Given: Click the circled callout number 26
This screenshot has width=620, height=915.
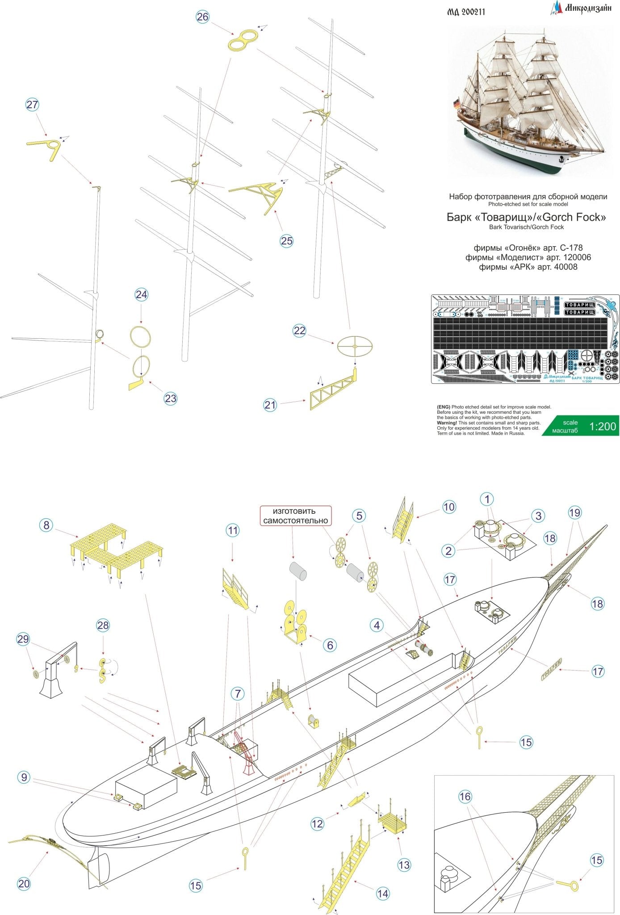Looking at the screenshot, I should click(x=202, y=17).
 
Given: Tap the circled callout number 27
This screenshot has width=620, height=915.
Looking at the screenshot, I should click(x=32, y=105).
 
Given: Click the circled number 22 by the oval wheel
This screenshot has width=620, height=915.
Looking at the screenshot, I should click(x=299, y=331).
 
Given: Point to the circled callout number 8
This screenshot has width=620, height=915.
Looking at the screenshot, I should click(x=46, y=525).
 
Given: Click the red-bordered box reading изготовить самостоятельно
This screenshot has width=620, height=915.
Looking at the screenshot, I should click(x=295, y=516).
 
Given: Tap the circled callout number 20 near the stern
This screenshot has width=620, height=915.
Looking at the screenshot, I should click(x=24, y=883).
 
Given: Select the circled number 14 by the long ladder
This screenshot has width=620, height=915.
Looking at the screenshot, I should click(x=382, y=894).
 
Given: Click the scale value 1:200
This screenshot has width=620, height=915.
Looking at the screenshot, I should click(x=603, y=426).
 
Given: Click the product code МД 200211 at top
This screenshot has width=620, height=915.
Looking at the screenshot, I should click(x=466, y=12).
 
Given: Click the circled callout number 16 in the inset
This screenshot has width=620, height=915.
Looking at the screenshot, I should click(x=465, y=797).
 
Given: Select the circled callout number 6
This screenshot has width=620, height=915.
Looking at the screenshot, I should click(x=330, y=645).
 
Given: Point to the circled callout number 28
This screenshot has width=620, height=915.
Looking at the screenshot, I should click(x=103, y=625).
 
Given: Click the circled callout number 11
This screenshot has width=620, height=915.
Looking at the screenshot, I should click(x=232, y=530).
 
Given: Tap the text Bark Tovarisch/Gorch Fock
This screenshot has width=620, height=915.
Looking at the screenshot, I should click(x=526, y=227).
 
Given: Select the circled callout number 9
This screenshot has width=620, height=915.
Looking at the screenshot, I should click(x=24, y=777).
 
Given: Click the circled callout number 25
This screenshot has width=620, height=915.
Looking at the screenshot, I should click(x=286, y=241).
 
